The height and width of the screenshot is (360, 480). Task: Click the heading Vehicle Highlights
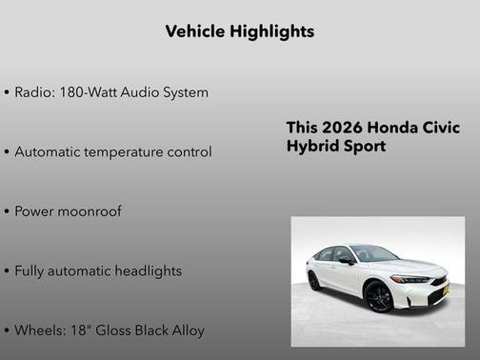tap(239, 31)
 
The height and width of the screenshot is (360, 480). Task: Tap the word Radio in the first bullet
tap(35, 92)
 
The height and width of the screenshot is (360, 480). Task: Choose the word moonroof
tap(90, 211)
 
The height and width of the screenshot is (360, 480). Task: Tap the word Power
tap(35, 211)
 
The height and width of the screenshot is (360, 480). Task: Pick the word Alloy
tap(186, 330)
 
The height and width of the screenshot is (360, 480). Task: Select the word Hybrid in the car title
tap(311, 147)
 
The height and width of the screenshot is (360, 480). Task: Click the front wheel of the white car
tap(378, 296)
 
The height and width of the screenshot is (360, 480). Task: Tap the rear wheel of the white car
tap(314, 281)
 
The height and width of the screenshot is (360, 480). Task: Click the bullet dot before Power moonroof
tap(7, 211)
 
